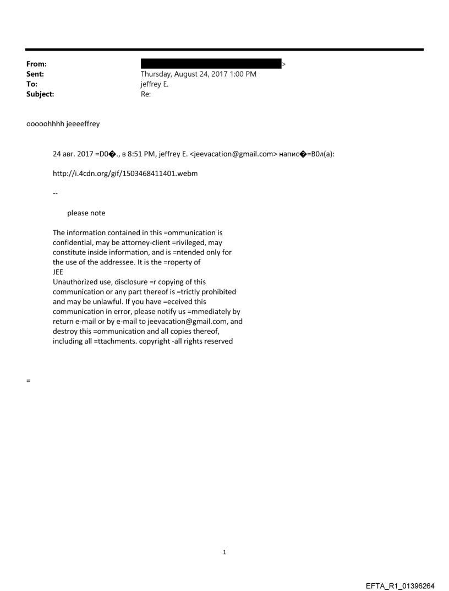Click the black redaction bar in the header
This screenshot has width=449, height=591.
(211, 64)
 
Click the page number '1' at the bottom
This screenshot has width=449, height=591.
(225, 552)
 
